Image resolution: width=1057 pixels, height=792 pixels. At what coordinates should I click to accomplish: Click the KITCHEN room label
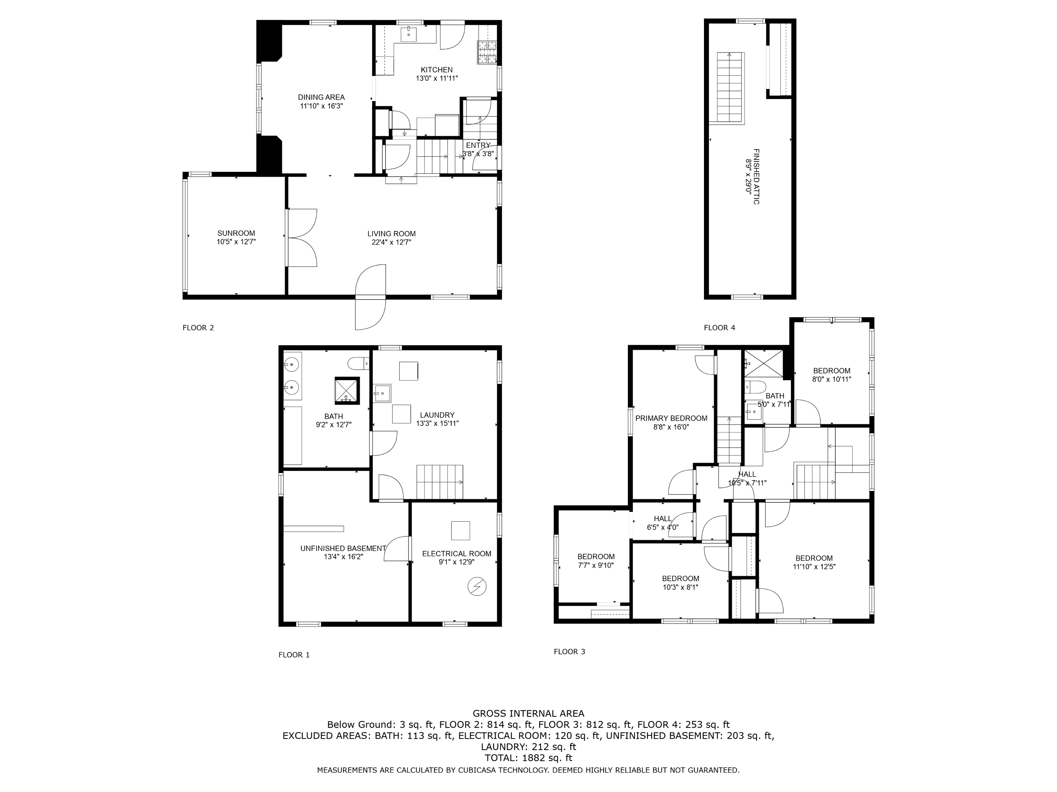(x=436, y=70)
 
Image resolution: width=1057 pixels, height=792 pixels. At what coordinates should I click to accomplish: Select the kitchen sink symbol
(x=409, y=33)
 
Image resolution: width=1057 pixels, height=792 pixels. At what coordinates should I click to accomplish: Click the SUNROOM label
(x=236, y=233)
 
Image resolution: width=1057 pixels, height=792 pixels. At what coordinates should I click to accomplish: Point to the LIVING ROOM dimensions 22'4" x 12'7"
(x=391, y=243)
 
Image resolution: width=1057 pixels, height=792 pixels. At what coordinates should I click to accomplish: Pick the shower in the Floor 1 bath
(x=346, y=390)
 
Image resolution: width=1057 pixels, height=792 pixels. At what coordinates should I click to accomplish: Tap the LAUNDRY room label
(x=437, y=415)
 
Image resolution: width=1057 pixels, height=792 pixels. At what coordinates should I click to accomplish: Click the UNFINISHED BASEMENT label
(x=343, y=548)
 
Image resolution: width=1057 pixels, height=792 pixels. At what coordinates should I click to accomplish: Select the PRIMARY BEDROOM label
(x=671, y=419)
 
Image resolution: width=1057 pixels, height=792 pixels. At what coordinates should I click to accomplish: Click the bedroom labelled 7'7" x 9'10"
(x=595, y=561)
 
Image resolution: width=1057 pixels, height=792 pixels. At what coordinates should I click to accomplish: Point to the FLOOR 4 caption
(x=719, y=327)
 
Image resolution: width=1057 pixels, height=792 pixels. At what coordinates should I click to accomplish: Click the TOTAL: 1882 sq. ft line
(x=528, y=758)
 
